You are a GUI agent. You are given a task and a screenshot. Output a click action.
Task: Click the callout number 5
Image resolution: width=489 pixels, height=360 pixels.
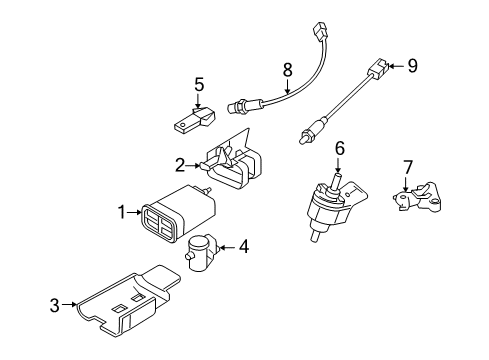point(199,85)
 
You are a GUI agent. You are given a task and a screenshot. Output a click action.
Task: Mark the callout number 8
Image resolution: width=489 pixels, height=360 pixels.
point(287,69)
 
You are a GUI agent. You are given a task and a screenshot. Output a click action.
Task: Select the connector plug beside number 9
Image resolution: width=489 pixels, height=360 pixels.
point(383,70)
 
